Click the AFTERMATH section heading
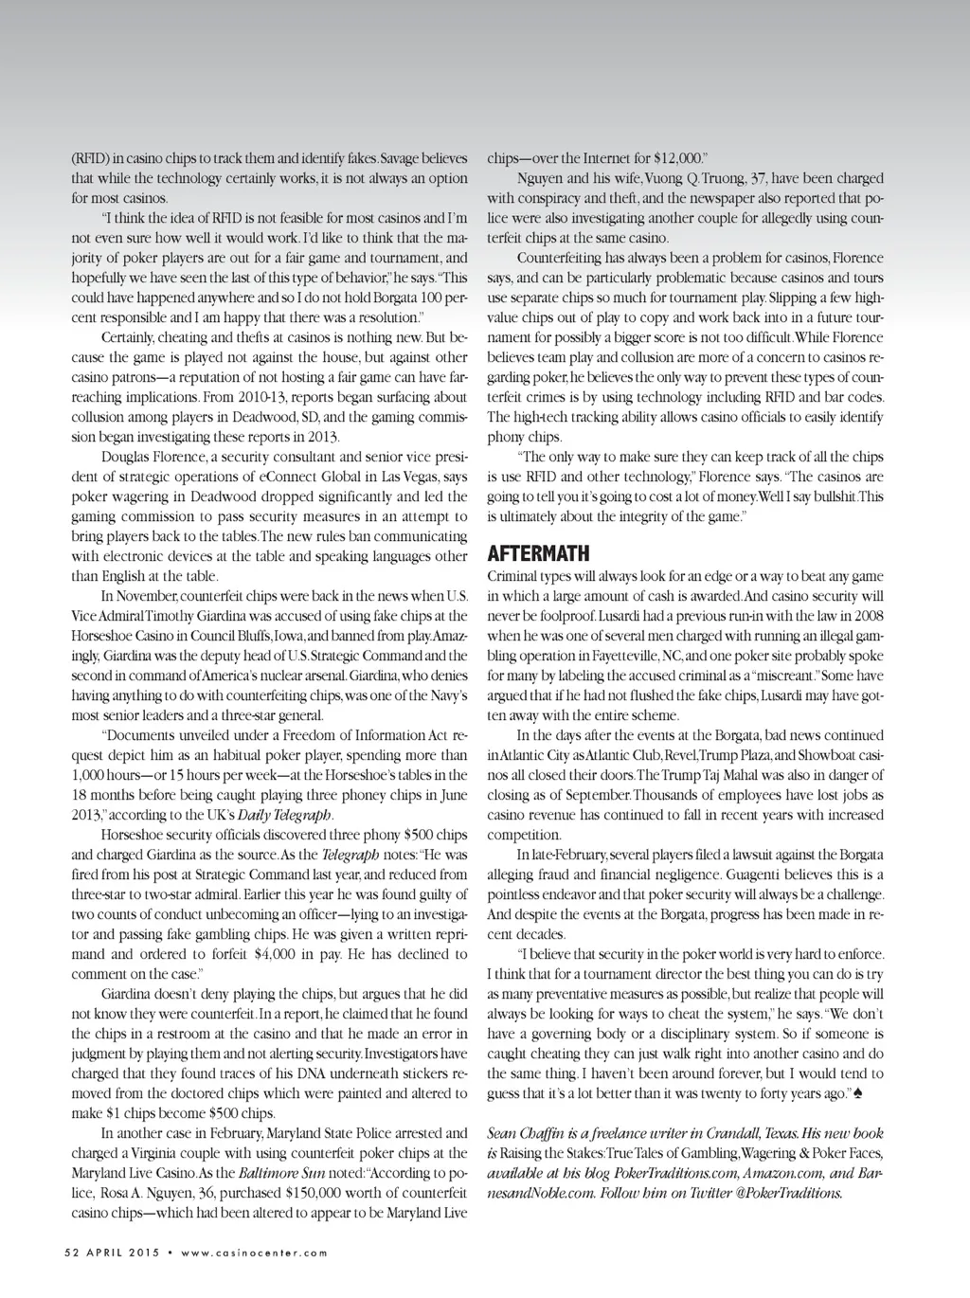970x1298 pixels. [538, 553]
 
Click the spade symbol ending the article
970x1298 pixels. [858, 1094]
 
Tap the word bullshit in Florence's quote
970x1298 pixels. [822, 496]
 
